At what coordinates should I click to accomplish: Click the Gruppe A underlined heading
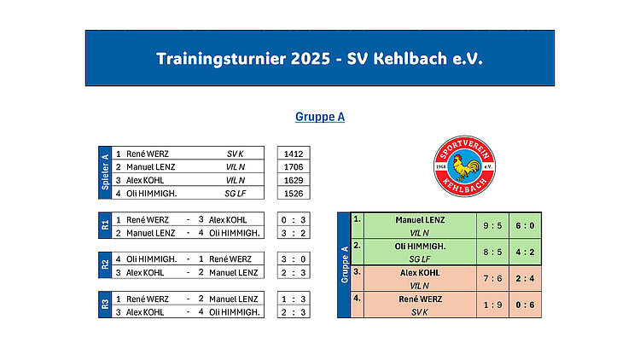click(x=320, y=117)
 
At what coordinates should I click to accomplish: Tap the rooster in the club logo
click(x=465, y=167)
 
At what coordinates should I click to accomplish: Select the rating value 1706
click(x=294, y=167)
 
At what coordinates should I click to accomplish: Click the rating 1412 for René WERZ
click(x=294, y=154)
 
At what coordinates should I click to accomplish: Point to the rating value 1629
click(x=294, y=180)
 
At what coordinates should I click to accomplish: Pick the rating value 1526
click(x=294, y=194)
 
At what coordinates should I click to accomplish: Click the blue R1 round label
click(x=105, y=225)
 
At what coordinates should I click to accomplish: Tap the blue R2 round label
click(x=105, y=265)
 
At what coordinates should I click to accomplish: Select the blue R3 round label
click(x=105, y=305)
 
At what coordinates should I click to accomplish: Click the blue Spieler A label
click(x=105, y=172)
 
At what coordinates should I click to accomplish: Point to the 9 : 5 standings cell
click(x=492, y=226)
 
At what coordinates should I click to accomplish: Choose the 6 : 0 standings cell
click(x=525, y=226)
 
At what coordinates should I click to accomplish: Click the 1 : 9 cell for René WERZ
click(x=492, y=305)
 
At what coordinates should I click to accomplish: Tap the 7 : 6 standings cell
click(x=492, y=278)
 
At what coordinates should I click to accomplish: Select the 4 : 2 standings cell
click(x=525, y=253)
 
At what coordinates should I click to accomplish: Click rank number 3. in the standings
click(x=358, y=272)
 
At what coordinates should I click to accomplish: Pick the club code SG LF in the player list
click(x=236, y=194)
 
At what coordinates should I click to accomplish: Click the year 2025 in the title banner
click(x=311, y=59)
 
